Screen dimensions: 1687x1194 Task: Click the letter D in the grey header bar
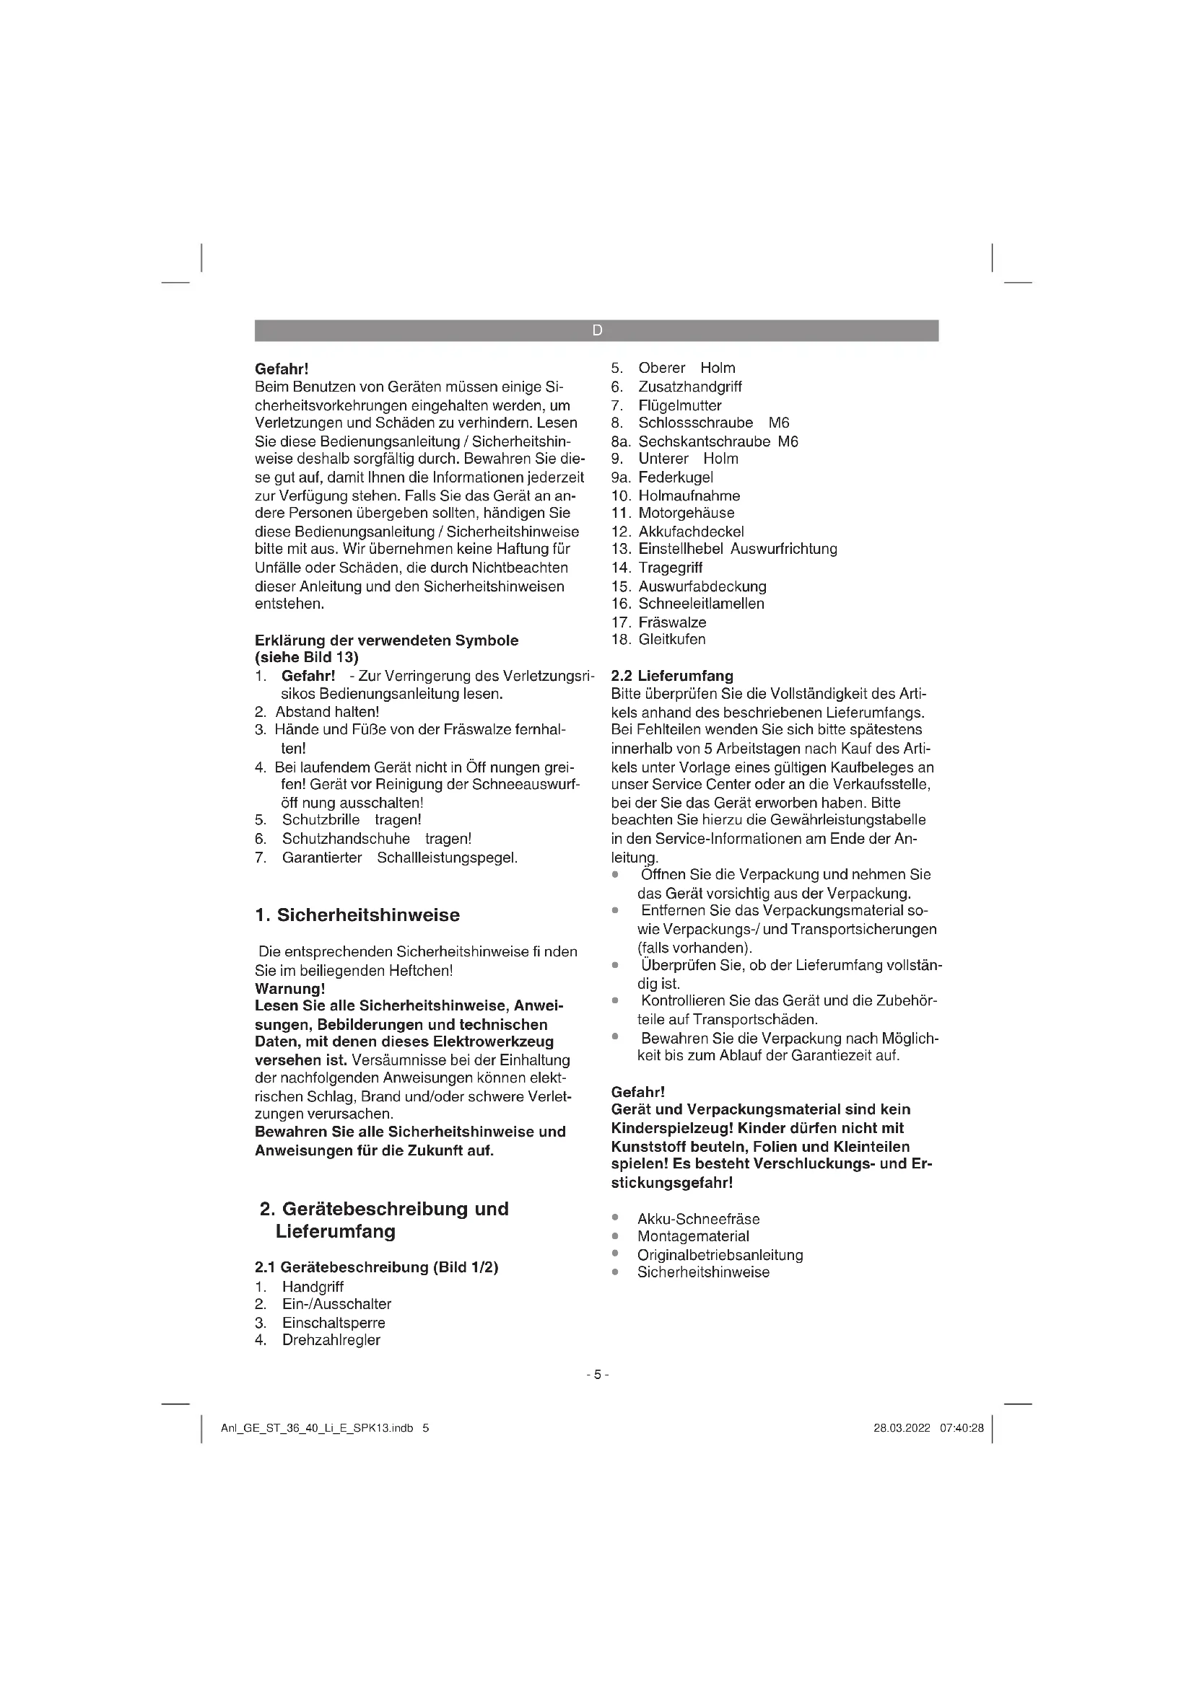596,330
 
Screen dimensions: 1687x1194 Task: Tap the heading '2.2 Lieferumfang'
672,675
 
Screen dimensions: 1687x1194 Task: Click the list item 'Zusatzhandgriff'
689,387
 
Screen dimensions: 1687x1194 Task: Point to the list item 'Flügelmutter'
679,405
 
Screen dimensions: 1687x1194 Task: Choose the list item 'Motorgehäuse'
686,513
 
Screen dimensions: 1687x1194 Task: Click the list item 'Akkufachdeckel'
690,532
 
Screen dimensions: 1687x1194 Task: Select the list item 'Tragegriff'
670,567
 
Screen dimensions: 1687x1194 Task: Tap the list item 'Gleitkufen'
671,639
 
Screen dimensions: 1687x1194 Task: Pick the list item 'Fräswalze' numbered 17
672,622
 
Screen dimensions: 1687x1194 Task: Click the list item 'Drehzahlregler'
331,1339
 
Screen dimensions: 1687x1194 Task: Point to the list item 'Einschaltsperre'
333,1323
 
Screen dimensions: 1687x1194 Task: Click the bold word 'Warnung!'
289,988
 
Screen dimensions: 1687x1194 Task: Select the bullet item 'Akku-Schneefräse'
698,1219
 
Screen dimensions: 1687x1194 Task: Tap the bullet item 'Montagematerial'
692,1237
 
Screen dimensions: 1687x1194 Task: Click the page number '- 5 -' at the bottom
597,1374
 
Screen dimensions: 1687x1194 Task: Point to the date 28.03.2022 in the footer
902,1428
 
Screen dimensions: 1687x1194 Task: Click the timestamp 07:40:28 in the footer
961,1428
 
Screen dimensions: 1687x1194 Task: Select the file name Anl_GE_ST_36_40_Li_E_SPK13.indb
317,1428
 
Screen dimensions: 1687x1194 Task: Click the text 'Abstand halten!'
327,711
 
